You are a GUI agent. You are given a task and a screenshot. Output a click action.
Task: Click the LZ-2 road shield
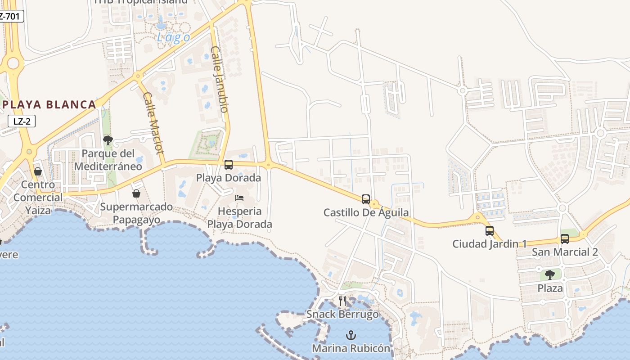pyautogui.click(x=22, y=121)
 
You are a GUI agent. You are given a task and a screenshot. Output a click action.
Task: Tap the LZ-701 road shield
pyautogui.click(x=11, y=16)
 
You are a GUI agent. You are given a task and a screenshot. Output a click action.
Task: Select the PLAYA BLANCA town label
pyautogui.click(x=49, y=105)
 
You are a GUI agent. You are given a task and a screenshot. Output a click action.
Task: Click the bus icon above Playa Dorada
pyautogui.click(x=229, y=165)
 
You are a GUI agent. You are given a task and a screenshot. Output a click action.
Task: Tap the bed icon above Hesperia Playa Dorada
pyautogui.click(x=239, y=198)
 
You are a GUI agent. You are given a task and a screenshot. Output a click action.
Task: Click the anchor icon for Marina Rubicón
pyautogui.click(x=351, y=335)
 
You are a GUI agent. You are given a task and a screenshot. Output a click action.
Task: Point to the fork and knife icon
pyautogui.click(x=342, y=301)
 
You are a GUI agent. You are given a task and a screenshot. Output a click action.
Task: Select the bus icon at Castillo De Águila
pyautogui.click(x=366, y=199)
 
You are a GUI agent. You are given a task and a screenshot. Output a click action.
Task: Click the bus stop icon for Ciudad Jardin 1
pyautogui.click(x=490, y=231)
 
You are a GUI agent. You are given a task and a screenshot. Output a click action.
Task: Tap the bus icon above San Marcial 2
pyautogui.click(x=565, y=239)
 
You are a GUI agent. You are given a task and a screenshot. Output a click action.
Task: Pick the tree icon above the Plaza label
pyautogui.click(x=550, y=274)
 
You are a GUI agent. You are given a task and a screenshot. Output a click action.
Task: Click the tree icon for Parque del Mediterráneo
pyautogui.click(x=108, y=140)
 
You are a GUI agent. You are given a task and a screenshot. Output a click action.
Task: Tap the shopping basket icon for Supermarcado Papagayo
pyautogui.click(x=136, y=193)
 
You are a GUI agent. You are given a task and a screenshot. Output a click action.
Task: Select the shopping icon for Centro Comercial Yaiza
pyautogui.click(x=38, y=171)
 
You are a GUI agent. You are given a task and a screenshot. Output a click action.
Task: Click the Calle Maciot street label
pyautogui.click(x=153, y=123)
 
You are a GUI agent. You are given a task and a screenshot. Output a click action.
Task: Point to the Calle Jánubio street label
pyautogui.click(x=220, y=79)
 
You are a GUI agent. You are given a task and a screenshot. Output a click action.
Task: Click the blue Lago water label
pyautogui.click(x=173, y=37)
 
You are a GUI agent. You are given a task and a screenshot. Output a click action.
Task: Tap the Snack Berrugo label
pyautogui.click(x=343, y=314)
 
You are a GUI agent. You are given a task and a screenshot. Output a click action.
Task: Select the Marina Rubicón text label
pyautogui.click(x=351, y=348)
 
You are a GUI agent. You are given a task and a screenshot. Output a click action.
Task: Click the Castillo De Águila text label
pyautogui.click(x=366, y=212)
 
